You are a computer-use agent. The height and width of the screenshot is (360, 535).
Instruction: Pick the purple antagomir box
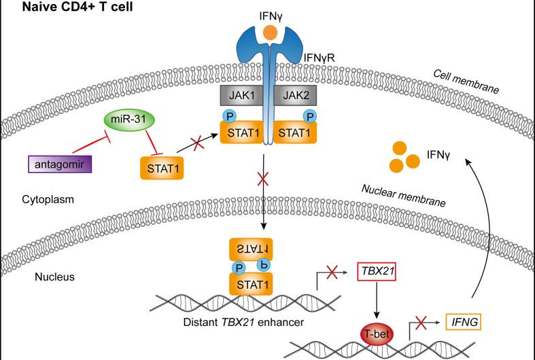point(61,164)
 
